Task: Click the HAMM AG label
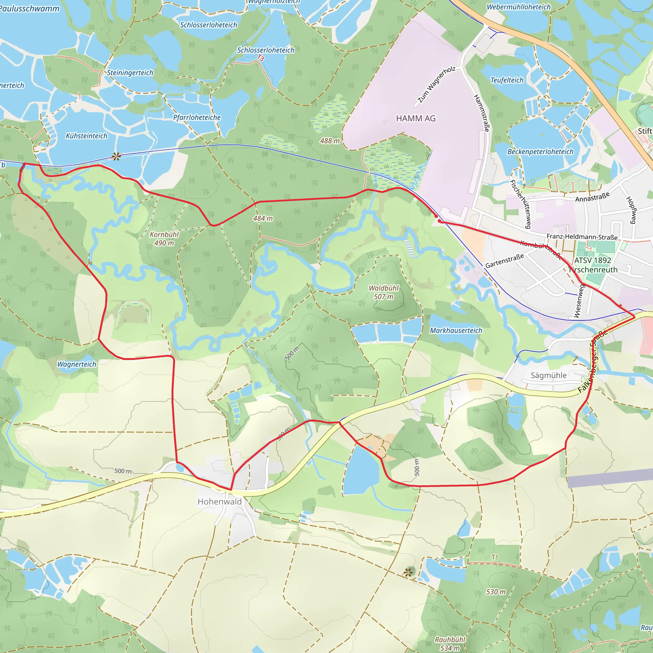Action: (416, 119)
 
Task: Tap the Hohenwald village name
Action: (220, 502)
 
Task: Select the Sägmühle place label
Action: (548, 375)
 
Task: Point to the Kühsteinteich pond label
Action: (86, 136)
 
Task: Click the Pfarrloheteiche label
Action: (197, 118)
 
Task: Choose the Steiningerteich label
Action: (130, 73)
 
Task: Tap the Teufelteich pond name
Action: (507, 80)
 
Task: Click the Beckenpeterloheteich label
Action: (540, 152)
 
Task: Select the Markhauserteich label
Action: (456, 331)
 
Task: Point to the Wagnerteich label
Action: (77, 364)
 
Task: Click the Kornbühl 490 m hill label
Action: (164, 238)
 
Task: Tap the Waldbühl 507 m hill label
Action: (384, 292)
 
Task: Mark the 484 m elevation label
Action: (263, 219)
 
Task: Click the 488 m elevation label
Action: (330, 141)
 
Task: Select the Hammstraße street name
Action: (482, 113)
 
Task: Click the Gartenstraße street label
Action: (505, 260)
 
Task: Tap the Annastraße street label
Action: (592, 197)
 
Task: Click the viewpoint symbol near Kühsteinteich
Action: (116, 156)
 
